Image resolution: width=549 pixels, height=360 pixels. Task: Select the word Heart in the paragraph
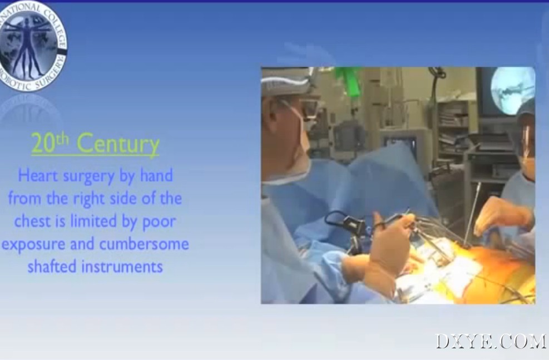pos(38,175)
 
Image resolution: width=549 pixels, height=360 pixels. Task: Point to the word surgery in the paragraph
pos(88,176)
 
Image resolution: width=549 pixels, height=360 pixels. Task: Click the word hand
pos(156,175)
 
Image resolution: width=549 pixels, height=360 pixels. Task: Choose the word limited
pos(93,221)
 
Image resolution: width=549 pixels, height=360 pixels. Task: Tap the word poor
pos(159,223)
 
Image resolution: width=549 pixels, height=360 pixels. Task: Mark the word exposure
pos(33,245)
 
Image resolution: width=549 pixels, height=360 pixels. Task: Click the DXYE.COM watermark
pos(491,341)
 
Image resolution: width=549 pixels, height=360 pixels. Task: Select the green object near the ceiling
pos(349,81)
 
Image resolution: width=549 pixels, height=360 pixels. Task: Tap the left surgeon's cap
pos(285,82)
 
